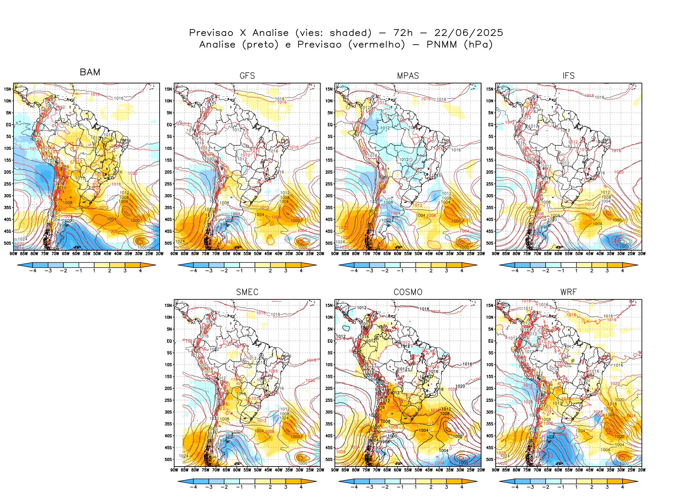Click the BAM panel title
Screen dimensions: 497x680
click(x=90, y=72)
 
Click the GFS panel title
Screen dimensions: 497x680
click(x=247, y=76)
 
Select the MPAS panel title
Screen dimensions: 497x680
click(x=408, y=76)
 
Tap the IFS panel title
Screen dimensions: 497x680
click(x=569, y=76)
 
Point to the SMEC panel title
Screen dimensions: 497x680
click(x=247, y=292)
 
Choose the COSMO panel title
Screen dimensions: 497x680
click(x=408, y=292)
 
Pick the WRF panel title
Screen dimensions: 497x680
click(x=569, y=292)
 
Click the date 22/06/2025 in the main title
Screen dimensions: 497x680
click(x=468, y=33)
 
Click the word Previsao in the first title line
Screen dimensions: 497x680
click(x=211, y=33)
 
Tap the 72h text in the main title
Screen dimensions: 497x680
click(x=403, y=33)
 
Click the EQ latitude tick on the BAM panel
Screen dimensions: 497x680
click(x=9, y=125)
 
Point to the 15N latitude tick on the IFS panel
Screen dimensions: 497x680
click(x=491, y=89)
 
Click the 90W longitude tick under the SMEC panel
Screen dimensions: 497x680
click(x=174, y=470)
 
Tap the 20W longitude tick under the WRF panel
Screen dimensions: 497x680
click(x=642, y=470)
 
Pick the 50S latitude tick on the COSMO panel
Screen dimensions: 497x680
click(x=330, y=459)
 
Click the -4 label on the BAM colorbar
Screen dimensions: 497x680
click(x=33, y=271)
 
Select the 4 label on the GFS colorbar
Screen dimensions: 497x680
click(x=301, y=271)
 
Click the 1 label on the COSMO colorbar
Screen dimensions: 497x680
click(x=415, y=487)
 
